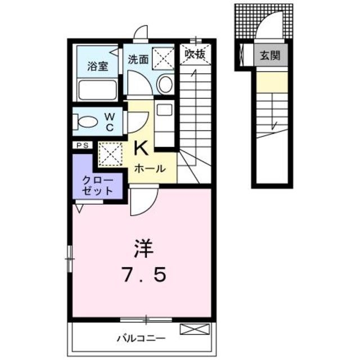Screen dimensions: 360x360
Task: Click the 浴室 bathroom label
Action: (x=97, y=66)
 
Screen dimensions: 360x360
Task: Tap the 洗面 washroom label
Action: (x=138, y=60)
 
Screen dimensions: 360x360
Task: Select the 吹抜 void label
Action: (x=195, y=55)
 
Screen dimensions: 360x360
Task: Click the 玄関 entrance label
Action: (x=270, y=55)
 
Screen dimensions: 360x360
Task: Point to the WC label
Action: (x=110, y=123)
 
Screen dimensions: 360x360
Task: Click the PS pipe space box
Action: (x=83, y=145)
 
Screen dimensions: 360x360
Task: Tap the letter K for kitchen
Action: (x=141, y=148)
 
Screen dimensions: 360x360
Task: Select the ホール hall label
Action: (x=150, y=169)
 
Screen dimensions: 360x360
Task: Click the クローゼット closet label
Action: (x=97, y=186)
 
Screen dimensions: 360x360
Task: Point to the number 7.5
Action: (x=143, y=274)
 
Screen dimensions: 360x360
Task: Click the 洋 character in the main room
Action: (x=144, y=249)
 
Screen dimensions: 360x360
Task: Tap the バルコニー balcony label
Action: (x=141, y=338)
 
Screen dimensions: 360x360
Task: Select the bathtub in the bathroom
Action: (x=97, y=89)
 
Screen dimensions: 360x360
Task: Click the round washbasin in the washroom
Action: (x=165, y=84)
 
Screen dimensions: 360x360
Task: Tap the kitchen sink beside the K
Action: (x=164, y=110)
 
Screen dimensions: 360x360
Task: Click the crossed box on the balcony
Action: (x=195, y=329)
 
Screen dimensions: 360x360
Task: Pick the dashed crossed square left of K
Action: (x=110, y=154)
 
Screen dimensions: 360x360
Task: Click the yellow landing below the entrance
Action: (x=272, y=82)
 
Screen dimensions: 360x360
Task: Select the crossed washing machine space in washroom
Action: (x=163, y=57)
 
